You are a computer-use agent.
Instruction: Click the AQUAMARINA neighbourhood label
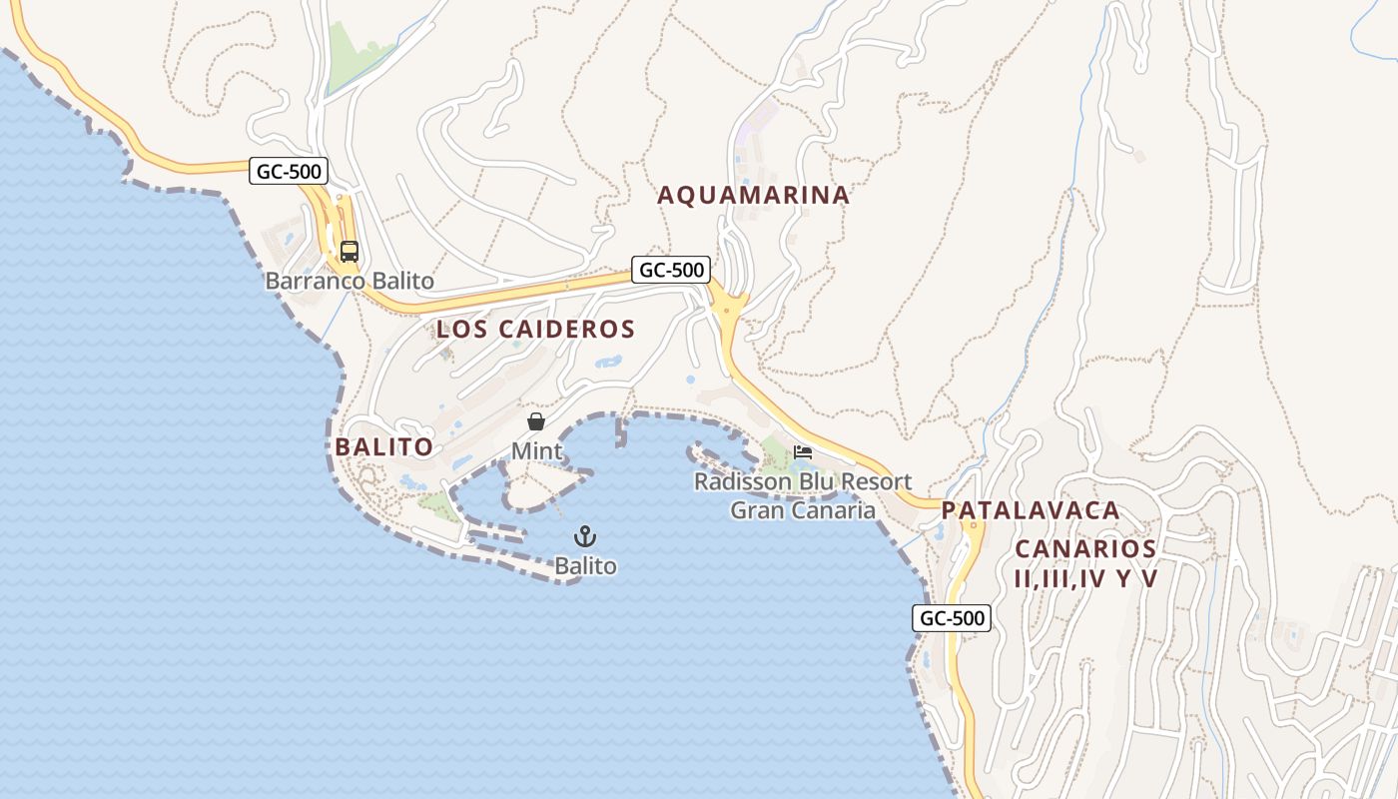(x=753, y=195)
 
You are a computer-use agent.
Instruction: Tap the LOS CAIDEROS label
(x=535, y=329)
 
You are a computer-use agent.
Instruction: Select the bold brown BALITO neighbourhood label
(x=384, y=446)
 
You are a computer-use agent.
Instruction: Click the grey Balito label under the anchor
(x=585, y=566)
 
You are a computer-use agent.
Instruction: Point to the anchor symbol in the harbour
(x=585, y=536)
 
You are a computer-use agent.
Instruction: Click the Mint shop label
(x=537, y=450)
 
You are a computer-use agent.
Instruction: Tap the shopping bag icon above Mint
(x=536, y=421)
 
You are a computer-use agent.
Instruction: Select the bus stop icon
(x=349, y=252)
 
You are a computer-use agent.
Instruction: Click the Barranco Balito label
(x=349, y=281)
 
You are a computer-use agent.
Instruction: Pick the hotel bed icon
(x=803, y=452)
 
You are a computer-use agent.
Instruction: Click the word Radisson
(x=741, y=481)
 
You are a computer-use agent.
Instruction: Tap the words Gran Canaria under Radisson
(x=803, y=510)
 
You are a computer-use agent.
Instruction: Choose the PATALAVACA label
(x=1031, y=510)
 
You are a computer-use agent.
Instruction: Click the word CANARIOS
(x=1085, y=548)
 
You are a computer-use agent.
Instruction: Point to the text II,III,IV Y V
(x=1085, y=578)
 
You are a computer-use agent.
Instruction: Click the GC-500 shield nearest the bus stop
(x=289, y=171)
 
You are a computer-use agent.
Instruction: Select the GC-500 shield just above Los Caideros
(x=671, y=269)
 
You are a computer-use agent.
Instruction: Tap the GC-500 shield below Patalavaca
(x=953, y=618)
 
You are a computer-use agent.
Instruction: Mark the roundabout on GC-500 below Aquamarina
(x=729, y=309)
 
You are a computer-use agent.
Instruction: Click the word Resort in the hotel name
(x=875, y=481)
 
